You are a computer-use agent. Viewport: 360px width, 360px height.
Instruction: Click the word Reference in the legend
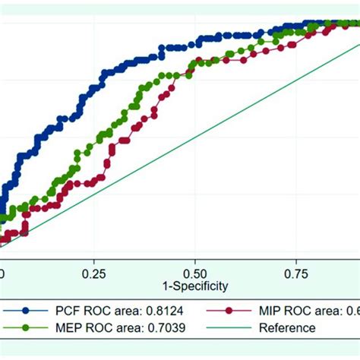click(x=286, y=328)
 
